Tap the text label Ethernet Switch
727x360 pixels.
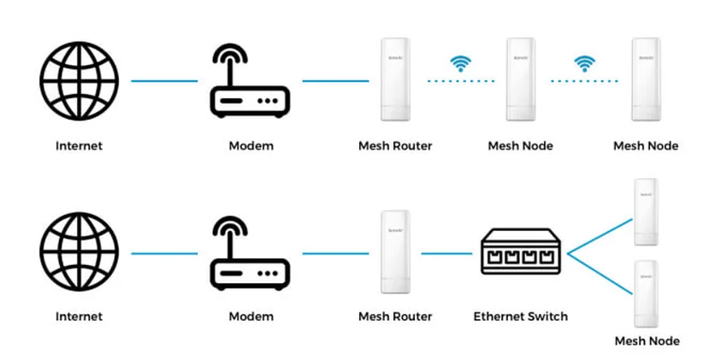coord(520,316)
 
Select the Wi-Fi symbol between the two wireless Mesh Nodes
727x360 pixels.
coord(585,63)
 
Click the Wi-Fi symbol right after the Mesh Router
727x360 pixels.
coord(461,63)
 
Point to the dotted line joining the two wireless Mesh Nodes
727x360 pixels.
coord(585,81)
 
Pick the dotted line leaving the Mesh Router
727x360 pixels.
coord(461,81)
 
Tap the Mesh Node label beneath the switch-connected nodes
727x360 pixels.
coord(647,341)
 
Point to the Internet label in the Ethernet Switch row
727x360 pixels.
coord(79,316)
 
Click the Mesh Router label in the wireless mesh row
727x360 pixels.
coord(394,145)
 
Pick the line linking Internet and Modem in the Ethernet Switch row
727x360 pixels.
coord(164,253)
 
